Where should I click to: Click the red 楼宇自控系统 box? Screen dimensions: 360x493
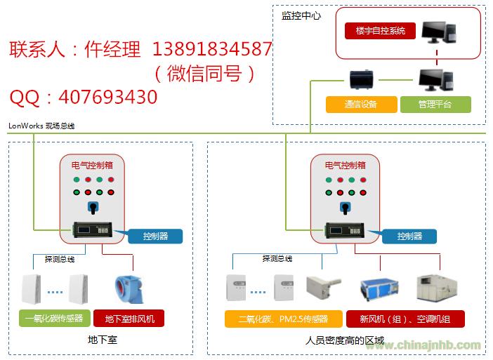coord(380,31)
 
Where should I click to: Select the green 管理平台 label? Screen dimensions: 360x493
coord(435,105)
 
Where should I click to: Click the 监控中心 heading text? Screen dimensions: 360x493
coord(301,15)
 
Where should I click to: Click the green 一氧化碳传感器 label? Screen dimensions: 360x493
coord(53,319)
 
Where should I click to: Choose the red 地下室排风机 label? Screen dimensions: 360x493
coord(129,319)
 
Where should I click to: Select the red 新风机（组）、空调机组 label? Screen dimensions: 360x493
coord(405,319)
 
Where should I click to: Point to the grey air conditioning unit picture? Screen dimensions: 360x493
coord(437,288)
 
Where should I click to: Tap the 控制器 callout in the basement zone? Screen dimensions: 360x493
coord(155,236)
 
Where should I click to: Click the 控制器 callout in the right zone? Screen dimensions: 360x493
coord(409,236)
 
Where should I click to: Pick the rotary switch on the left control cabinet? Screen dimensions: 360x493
coord(92,207)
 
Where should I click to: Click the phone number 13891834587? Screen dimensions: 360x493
coord(211,49)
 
